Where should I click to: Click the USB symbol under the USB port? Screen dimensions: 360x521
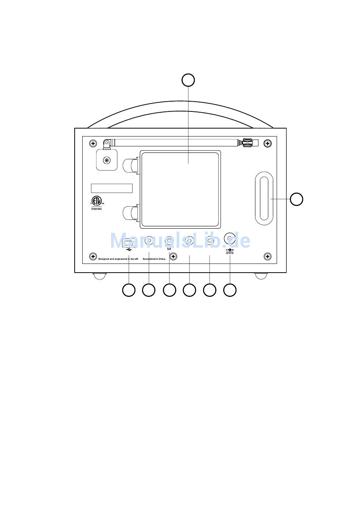(129, 250)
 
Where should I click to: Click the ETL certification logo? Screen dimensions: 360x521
(97, 200)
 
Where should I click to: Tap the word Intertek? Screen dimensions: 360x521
(97, 209)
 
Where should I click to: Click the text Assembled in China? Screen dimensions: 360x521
(154, 259)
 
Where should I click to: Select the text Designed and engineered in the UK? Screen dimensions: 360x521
(118, 259)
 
